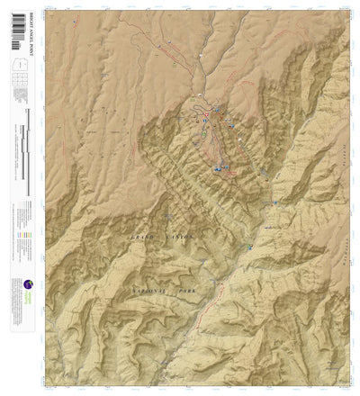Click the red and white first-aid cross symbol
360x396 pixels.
206,115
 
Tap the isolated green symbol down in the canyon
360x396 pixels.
249,247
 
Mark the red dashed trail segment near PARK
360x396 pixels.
214,286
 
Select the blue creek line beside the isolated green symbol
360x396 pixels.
243,253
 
